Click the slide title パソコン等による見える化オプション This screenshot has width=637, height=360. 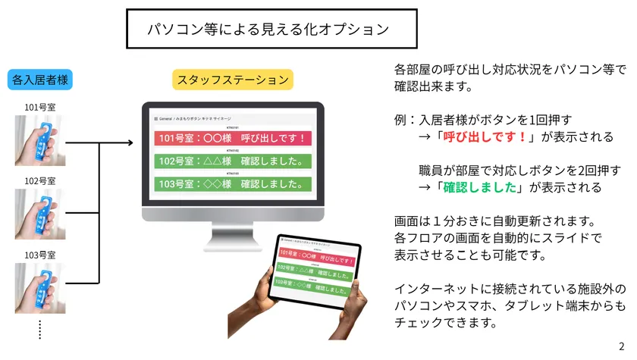pyautogui.click(x=271, y=30)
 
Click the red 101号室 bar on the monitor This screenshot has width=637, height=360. pyautogui.click(x=232, y=139)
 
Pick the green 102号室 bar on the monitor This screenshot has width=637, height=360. pyautogui.click(x=232, y=161)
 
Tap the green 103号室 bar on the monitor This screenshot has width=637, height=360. pyautogui.click(x=232, y=183)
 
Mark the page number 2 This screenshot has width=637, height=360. pyautogui.click(x=622, y=346)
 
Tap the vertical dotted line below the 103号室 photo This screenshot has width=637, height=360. pyautogui.click(x=39, y=329)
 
